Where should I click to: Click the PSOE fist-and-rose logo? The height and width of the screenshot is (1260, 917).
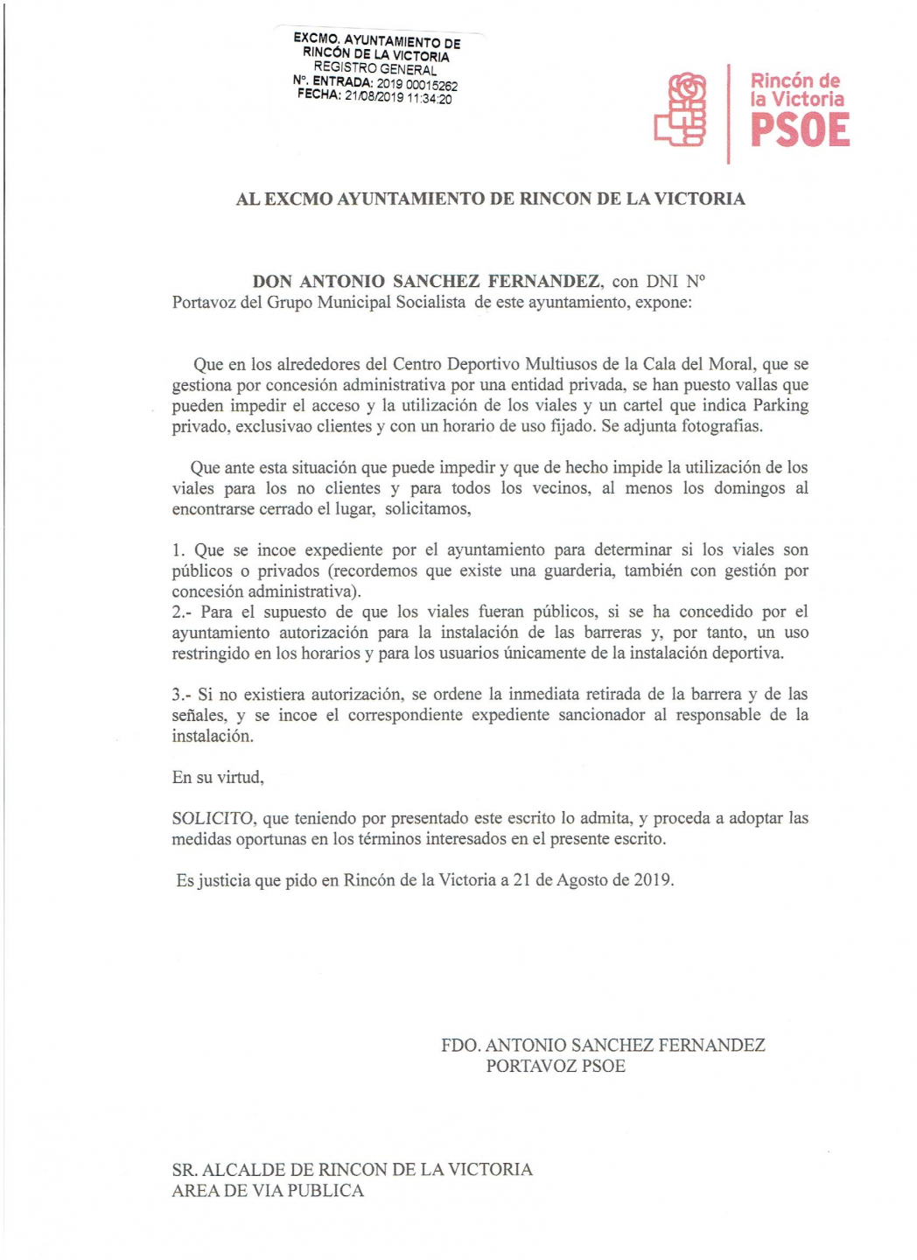coord(681,110)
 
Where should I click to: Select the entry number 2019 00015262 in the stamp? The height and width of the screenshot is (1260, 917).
coord(417,84)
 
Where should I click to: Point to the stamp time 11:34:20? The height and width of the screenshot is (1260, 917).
coord(430,99)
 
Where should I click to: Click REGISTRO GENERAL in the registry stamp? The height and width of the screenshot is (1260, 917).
coord(374,68)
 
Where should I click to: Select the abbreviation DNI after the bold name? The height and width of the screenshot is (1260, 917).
coord(662,281)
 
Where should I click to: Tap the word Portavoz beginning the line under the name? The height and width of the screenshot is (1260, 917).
coord(203,303)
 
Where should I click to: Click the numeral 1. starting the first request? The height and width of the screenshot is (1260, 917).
coord(178,550)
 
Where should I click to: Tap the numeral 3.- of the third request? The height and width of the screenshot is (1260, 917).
coord(181,695)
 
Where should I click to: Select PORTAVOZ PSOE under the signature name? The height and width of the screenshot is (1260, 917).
coord(556,1066)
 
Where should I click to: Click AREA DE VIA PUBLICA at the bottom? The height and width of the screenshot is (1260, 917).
coord(268,1191)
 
